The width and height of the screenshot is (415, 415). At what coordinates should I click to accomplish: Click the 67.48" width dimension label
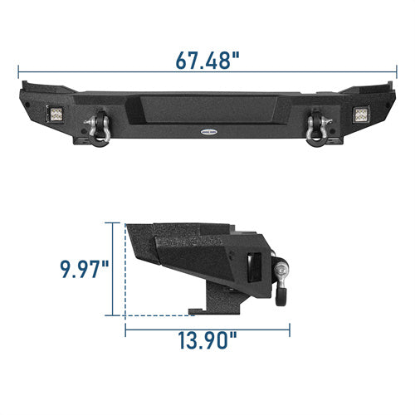tap(207, 60)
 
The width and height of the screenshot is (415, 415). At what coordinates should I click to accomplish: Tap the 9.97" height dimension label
tap(85, 269)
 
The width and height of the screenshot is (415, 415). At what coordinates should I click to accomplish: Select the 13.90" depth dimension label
tap(207, 340)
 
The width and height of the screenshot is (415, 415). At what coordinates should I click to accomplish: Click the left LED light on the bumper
tap(55, 114)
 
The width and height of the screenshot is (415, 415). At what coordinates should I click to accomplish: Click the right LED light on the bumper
tap(361, 114)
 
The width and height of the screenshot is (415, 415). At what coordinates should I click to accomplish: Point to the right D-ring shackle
tap(318, 129)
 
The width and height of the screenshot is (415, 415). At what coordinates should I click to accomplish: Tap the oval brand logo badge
tap(209, 132)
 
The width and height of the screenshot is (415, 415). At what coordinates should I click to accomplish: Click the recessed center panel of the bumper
tap(208, 110)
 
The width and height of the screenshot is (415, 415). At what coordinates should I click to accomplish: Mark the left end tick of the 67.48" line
tap(18, 72)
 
